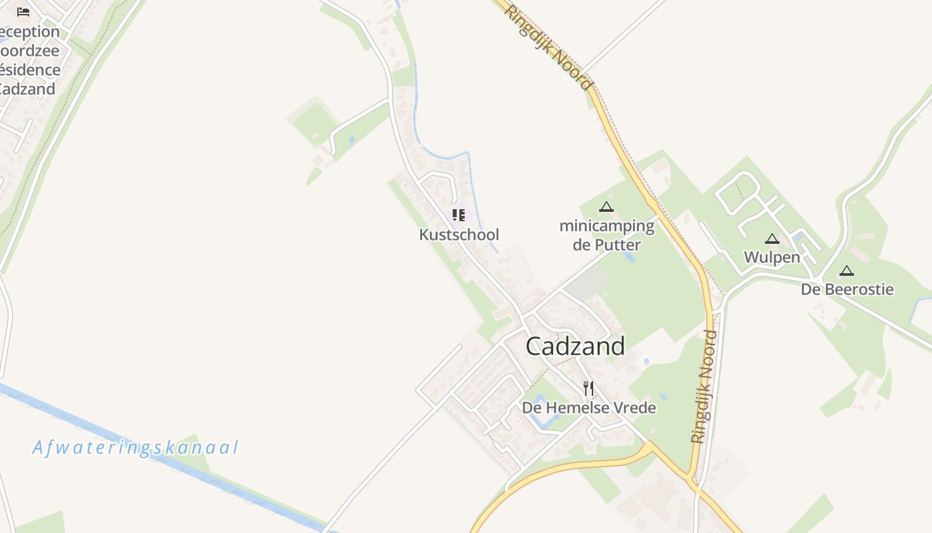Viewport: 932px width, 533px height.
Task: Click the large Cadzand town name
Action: pyautogui.click(x=575, y=346)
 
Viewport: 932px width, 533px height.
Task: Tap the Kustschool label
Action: pyautogui.click(x=459, y=235)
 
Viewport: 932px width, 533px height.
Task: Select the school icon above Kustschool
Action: pyautogui.click(x=459, y=215)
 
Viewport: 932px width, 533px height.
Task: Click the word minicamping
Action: pyautogui.click(x=606, y=226)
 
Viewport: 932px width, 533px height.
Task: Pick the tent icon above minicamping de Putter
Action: pyautogui.click(x=606, y=207)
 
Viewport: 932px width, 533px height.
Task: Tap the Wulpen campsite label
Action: pyautogui.click(x=772, y=257)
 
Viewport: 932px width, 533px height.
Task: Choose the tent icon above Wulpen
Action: pyautogui.click(x=772, y=239)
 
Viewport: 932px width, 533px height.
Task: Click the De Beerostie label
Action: pyautogui.click(x=847, y=289)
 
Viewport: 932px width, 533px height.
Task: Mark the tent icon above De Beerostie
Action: pyautogui.click(x=846, y=270)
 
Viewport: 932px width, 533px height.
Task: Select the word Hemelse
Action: pyautogui.click(x=577, y=407)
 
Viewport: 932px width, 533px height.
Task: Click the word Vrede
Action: pyautogui.click(x=635, y=407)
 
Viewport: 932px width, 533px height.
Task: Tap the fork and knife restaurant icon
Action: pyautogui.click(x=588, y=388)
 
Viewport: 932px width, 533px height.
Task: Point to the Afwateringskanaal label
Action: pyautogui.click(x=135, y=447)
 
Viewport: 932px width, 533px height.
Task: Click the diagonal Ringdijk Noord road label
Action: pyautogui.click(x=548, y=47)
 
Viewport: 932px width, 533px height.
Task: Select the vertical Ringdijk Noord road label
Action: pyautogui.click(x=704, y=386)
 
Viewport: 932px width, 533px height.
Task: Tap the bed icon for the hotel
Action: pyautogui.click(x=23, y=11)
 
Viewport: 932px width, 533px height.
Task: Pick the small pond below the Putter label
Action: pyautogui.click(x=629, y=257)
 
